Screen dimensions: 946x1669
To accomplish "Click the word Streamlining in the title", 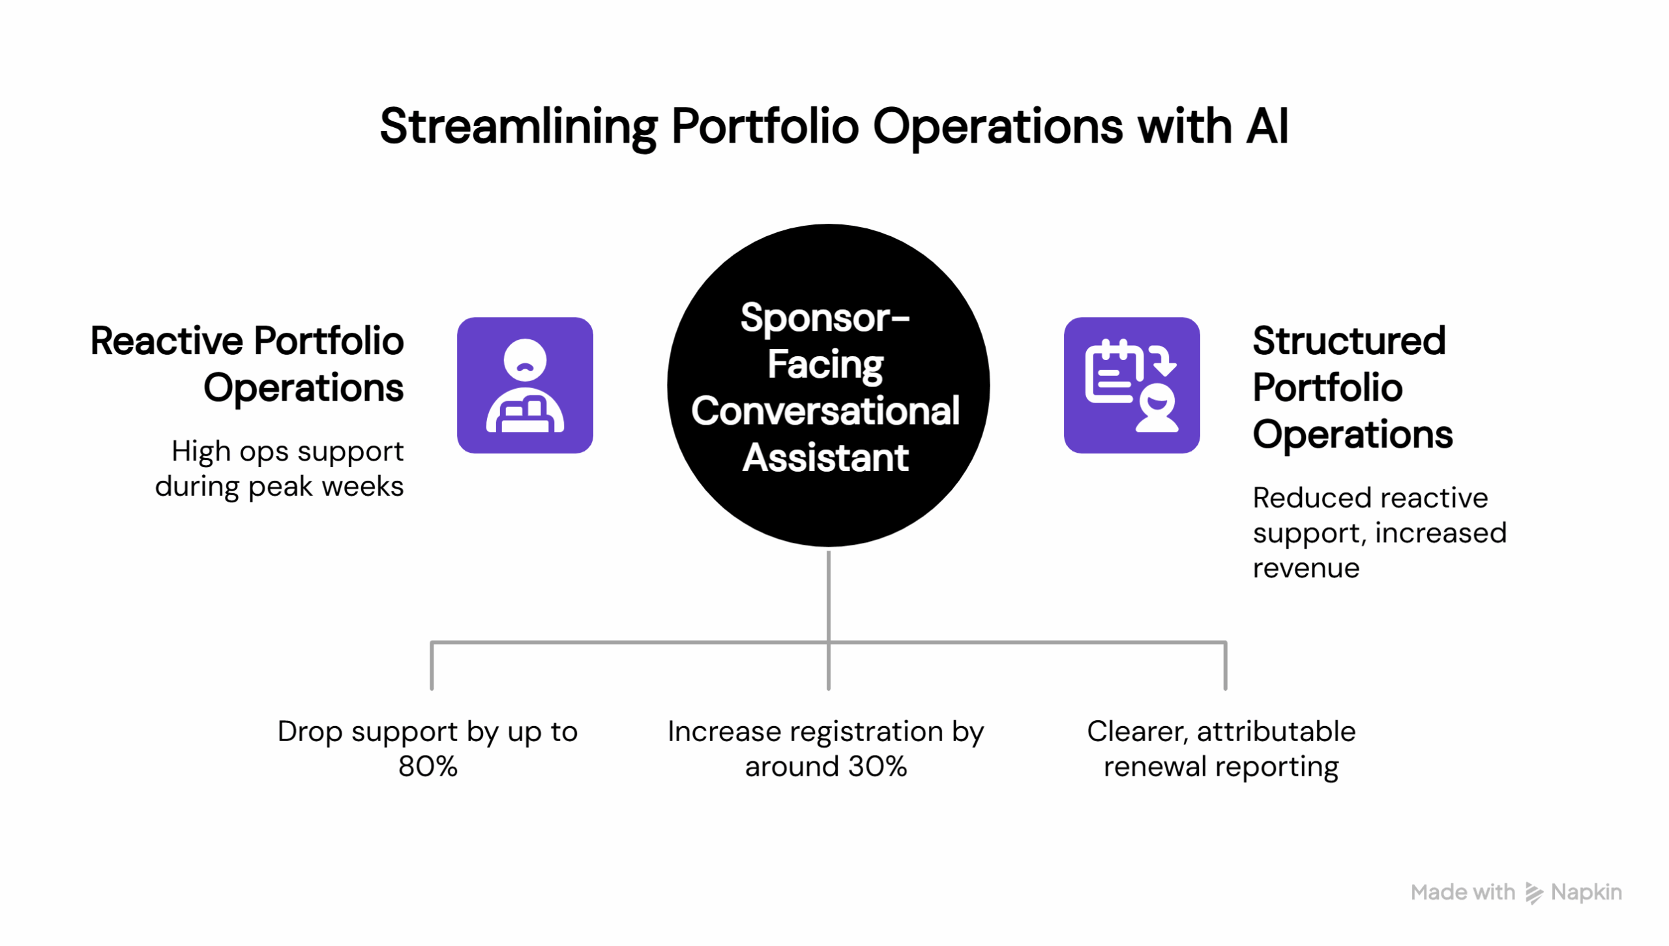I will [x=518, y=127].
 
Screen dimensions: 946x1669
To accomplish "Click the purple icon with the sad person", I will [x=525, y=386].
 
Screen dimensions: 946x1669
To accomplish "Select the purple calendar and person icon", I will [x=1131, y=386].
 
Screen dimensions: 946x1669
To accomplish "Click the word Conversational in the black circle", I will [x=825, y=412].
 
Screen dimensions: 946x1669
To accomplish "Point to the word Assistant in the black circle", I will [x=825, y=458].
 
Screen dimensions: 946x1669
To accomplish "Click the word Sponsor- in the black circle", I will [x=825, y=318].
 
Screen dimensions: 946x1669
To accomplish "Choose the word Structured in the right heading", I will [x=1348, y=341].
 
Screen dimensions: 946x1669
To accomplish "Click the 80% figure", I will [x=428, y=767].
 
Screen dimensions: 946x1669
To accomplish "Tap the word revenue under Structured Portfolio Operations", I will [x=1305, y=568].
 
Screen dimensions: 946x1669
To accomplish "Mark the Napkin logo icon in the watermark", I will [x=1533, y=893].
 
